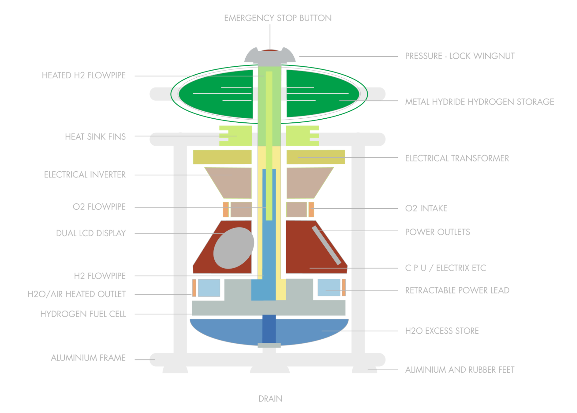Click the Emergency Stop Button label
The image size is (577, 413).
pyautogui.click(x=278, y=18)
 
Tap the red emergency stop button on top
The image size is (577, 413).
pyautogui.click(x=270, y=50)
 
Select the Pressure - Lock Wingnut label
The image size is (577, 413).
pyautogui.click(x=460, y=56)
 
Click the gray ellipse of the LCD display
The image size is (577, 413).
pyautogui.click(x=234, y=248)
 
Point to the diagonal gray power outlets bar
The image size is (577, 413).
pyautogui.click(x=326, y=245)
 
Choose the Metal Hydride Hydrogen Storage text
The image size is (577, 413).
pyautogui.click(x=480, y=102)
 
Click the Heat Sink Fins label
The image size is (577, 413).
pyautogui.click(x=95, y=137)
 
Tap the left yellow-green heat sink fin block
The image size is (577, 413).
pyautogui.click(x=235, y=136)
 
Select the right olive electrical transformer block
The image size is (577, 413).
pyautogui.click(x=315, y=157)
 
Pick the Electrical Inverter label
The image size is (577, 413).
pyautogui.click(x=85, y=175)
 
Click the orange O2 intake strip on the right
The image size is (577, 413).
pyautogui.click(x=311, y=209)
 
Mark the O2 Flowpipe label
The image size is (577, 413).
pyautogui.click(x=99, y=207)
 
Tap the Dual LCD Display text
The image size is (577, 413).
pyautogui.click(x=91, y=233)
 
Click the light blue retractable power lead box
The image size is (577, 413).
pyautogui.click(x=329, y=288)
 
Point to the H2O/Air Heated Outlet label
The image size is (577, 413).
pyautogui.click(x=77, y=294)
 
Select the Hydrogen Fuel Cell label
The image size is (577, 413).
pyautogui.click(x=83, y=314)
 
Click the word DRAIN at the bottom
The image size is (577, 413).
pyautogui.click(x=270, y=399)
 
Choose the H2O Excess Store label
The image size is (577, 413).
pyautogui.click(x=442, y=331)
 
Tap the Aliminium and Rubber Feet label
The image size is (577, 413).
pyautogui.click(x=460, y=370)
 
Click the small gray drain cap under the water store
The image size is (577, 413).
pyautogui.click(x=269, y=345)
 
